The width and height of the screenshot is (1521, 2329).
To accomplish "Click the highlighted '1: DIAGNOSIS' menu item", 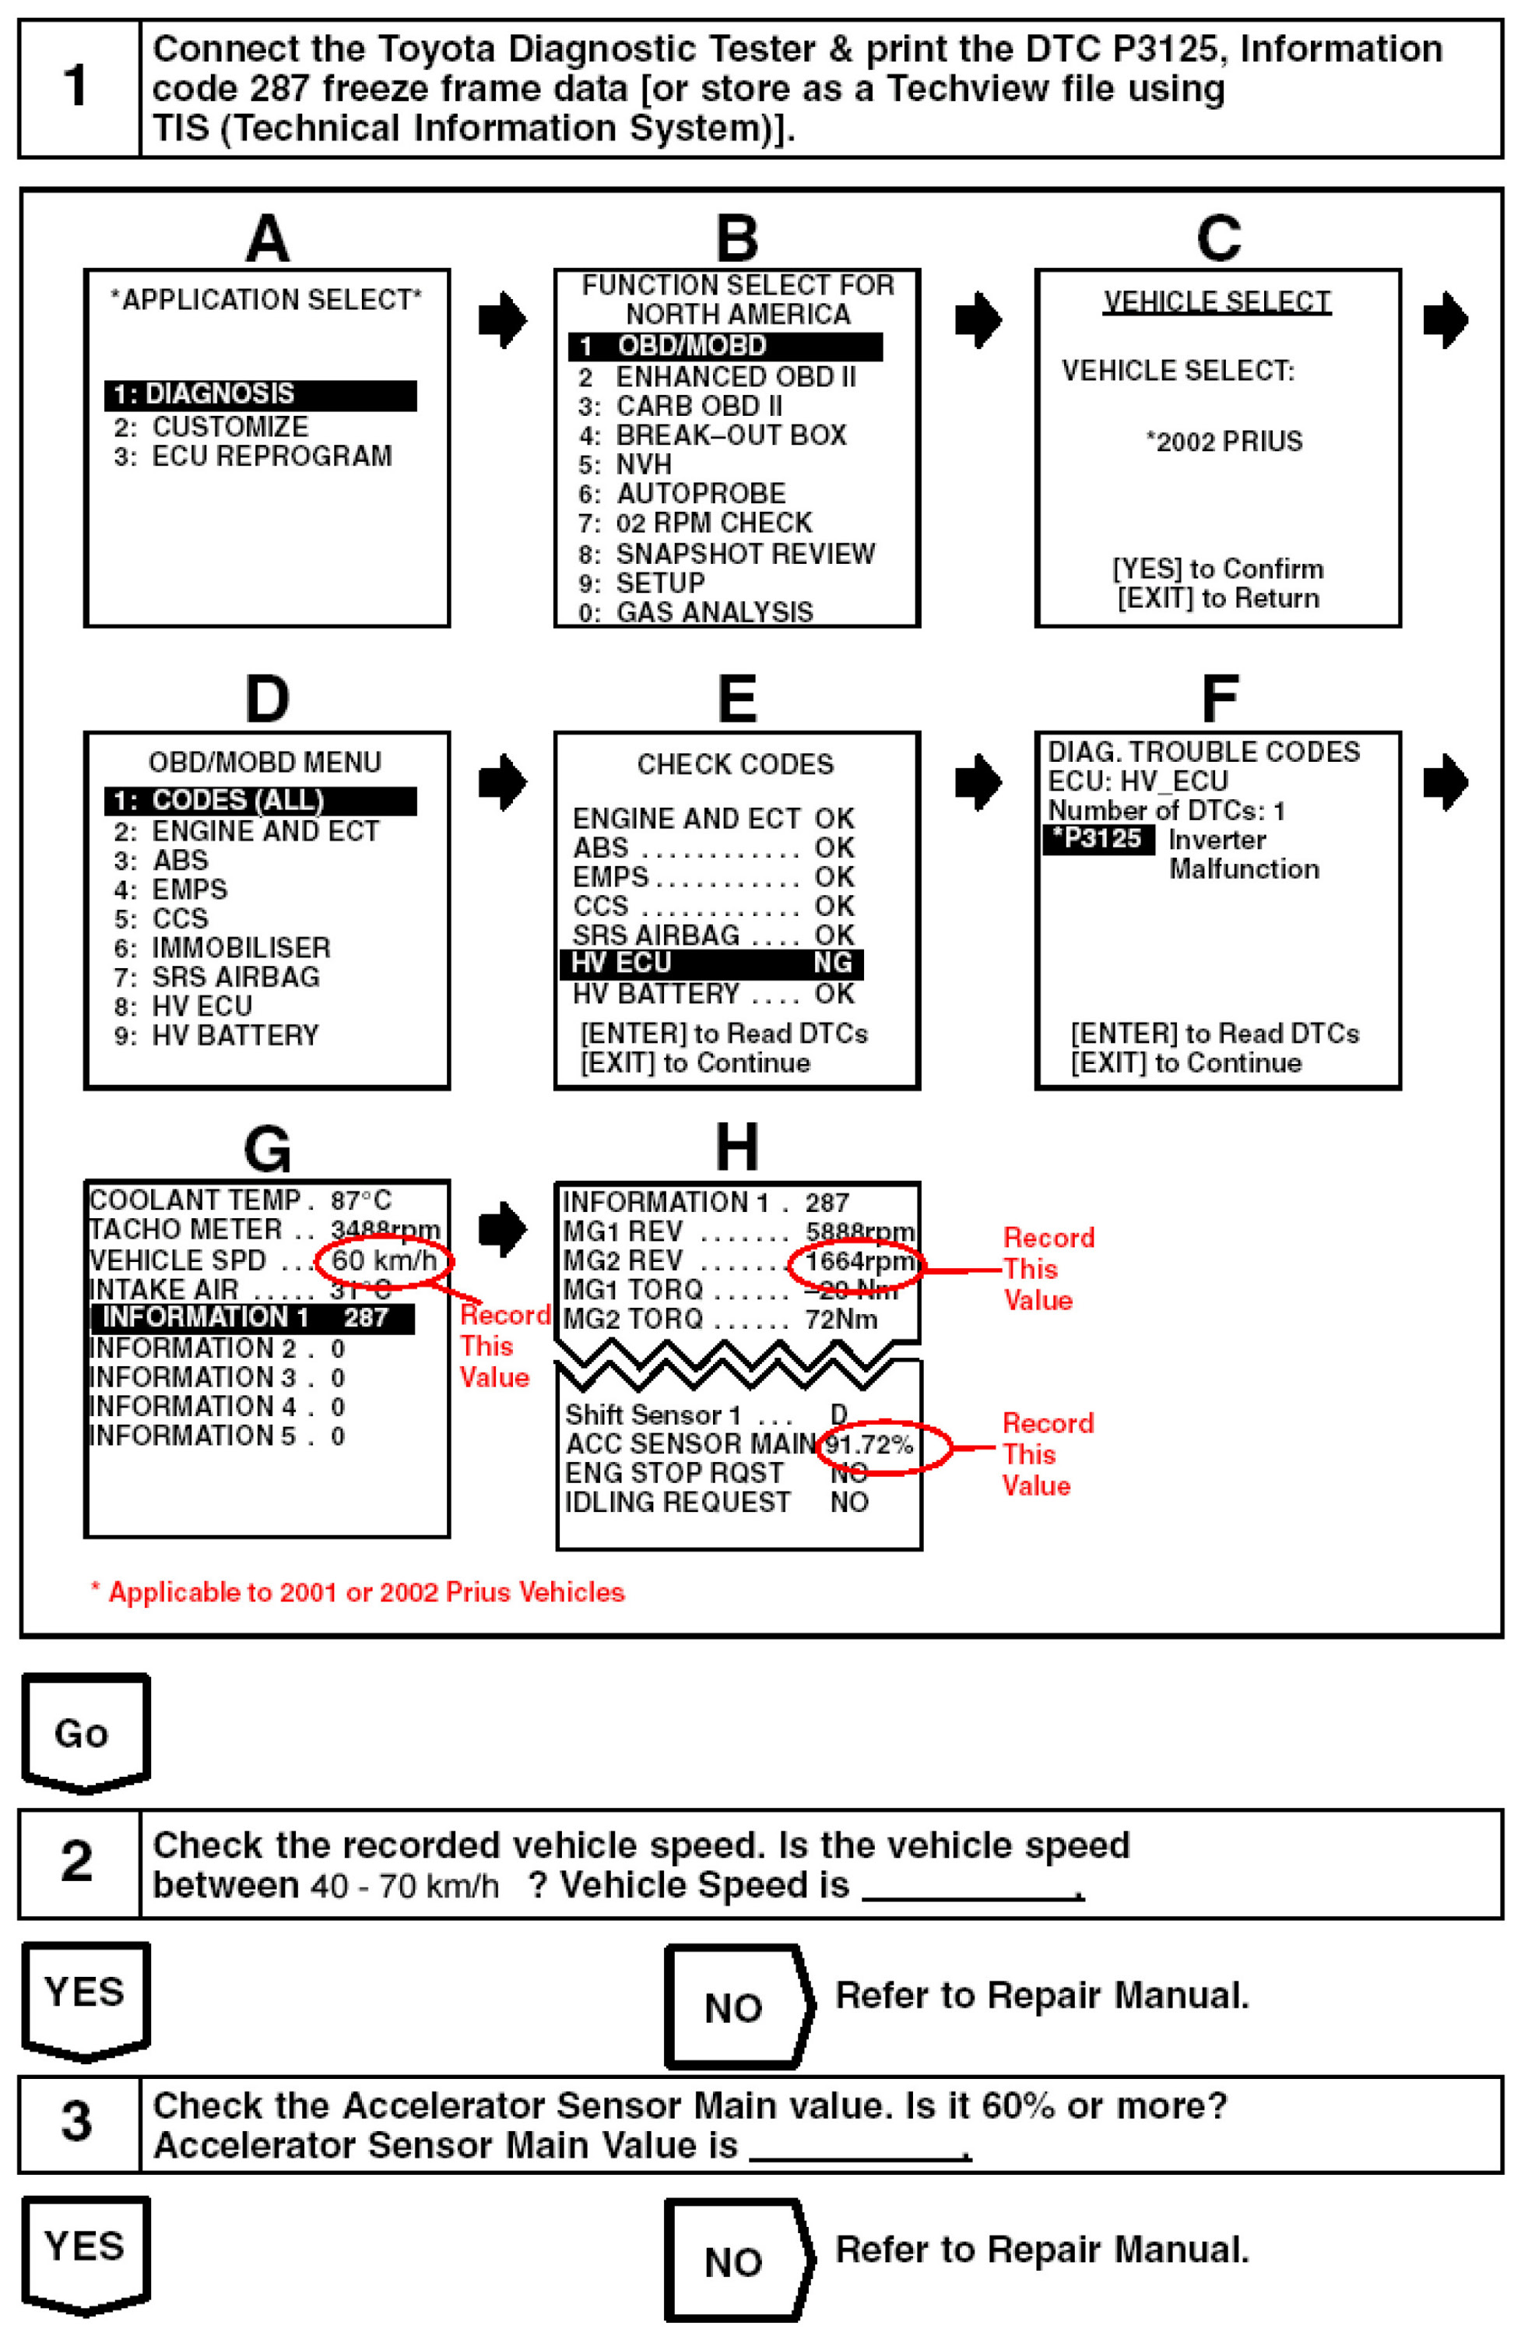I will [x=260, y=394].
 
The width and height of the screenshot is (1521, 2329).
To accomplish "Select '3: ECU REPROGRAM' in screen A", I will [x=252, y=456].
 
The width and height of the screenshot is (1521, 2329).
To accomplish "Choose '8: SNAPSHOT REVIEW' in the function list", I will [x=725, y=554].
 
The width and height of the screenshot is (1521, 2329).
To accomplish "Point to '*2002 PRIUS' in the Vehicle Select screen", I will [x=1224, y=442].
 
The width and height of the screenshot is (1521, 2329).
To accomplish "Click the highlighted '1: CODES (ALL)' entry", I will [x=260, y=801].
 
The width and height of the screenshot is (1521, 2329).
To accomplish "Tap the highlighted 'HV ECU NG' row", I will [x=711, y=964].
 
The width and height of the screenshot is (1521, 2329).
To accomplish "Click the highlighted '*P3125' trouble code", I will [x=1098, y=840].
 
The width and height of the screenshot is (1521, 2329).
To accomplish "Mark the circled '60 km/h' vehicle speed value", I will [x=384, y=1260].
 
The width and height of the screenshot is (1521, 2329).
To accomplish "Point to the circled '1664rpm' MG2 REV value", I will [x=858, y=1263].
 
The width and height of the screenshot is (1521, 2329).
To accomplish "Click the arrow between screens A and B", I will [x=502, y=319].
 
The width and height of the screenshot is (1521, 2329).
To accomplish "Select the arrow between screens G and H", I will [x=502, y=1228].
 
